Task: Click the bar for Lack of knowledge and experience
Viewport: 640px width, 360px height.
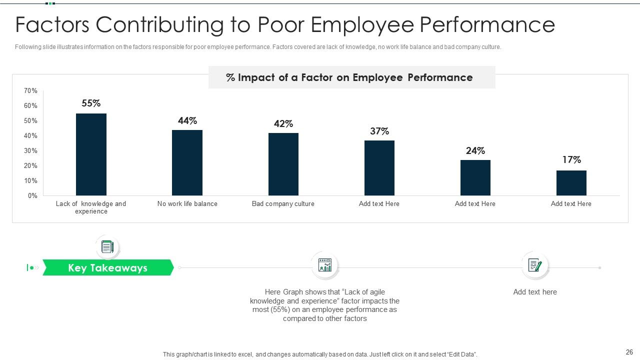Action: point(91,154)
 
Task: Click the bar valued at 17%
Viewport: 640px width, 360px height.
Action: point(571,183)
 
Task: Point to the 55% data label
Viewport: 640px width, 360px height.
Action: point(91,103)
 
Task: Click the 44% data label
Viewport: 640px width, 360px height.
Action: point(187,121)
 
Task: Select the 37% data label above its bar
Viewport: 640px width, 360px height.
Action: point(379,131)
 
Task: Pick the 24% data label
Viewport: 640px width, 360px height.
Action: point(475,151)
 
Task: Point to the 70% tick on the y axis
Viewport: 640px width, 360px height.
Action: point(30,91)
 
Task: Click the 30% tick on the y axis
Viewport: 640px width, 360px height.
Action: point(30,151)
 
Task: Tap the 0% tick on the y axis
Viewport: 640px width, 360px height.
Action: point(32,196)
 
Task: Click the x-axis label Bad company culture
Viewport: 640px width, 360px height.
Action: point(283,204)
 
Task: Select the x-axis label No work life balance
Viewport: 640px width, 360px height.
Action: point(187,204)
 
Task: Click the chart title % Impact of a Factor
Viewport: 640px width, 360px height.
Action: point(349,77)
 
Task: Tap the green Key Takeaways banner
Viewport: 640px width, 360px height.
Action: point(107,268)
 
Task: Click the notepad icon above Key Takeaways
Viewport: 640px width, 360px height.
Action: point(107,247)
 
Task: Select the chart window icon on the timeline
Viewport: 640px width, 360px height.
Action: point(325,265)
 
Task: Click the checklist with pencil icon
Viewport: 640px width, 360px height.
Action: point(535,265)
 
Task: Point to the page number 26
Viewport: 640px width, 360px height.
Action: point(629,352)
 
